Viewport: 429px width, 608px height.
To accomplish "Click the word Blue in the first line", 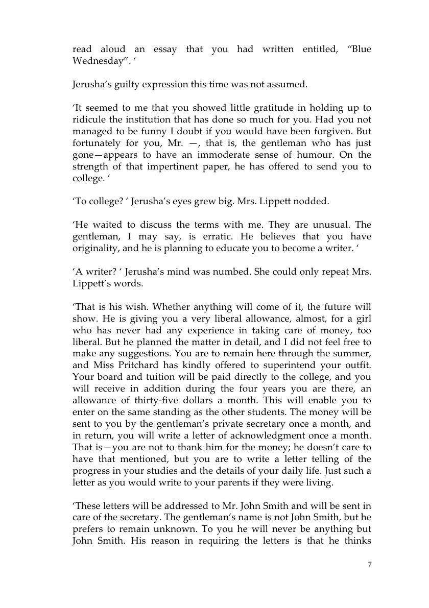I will (360, 50).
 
